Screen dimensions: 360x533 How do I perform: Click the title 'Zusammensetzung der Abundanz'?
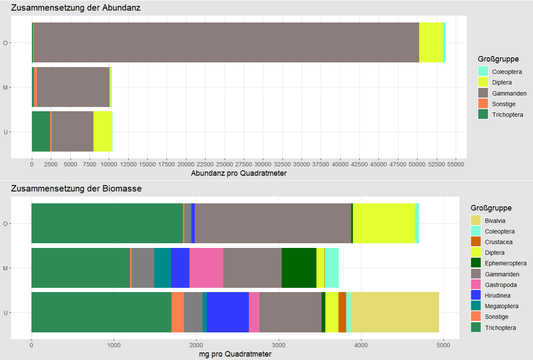pos(76,8)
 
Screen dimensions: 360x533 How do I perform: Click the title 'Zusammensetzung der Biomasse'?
pos(76,188)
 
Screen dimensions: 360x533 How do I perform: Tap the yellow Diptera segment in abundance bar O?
pos(431,42)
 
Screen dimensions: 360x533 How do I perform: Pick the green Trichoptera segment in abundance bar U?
pos(41,132)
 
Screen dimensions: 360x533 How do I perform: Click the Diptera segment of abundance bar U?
pos(102,132)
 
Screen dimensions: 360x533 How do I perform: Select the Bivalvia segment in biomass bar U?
pos(395,312)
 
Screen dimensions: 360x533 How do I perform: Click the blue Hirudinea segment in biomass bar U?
pos(227,312)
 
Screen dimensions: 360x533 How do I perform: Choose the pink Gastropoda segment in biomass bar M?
pos(206,268)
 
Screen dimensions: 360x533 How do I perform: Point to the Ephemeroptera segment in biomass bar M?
pos(299,268)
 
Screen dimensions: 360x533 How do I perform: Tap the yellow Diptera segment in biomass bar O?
pos(384,223)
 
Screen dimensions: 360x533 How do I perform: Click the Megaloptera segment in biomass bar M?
pos(163,268)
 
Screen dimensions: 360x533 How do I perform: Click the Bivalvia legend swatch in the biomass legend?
pos(476,221)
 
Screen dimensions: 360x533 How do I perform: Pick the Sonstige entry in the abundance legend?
pos(504,104)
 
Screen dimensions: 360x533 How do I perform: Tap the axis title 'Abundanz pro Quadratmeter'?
pos(238,173)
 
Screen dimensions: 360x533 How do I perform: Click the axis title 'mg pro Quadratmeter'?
pos(235,354)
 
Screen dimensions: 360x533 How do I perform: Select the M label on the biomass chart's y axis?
pos(5,268)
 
